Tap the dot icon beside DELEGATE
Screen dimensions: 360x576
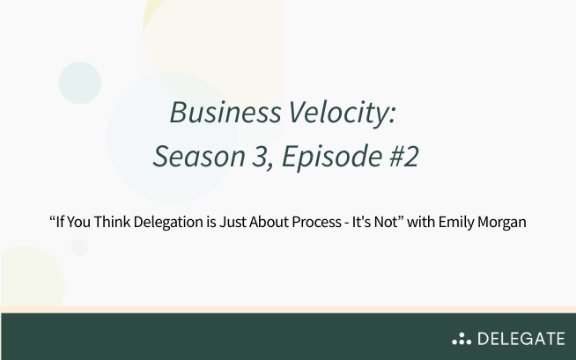[461, 338]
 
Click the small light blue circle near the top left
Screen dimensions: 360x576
[79, 83]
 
